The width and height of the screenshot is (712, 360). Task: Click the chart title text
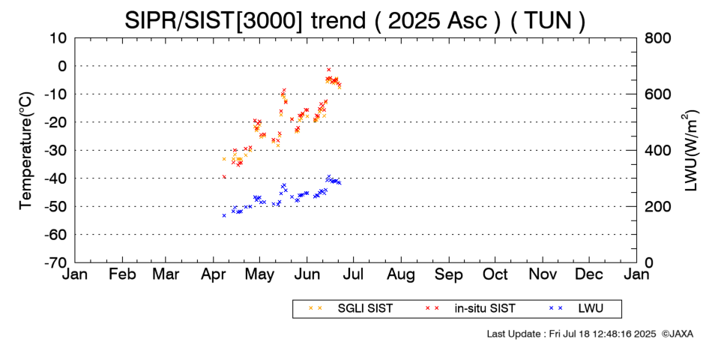point(355,20)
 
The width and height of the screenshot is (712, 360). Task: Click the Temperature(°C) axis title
point(27,151)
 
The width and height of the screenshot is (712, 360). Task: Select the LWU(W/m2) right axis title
point(690,151)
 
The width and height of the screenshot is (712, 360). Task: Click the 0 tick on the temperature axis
point(61,66)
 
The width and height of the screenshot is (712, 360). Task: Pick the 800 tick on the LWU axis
point(658,38)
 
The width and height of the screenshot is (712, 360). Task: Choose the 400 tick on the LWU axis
point(658,151)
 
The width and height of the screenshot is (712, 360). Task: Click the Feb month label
point(122,274)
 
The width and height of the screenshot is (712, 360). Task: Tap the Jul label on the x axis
point(355,274)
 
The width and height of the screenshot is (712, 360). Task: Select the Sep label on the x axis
point(449,274)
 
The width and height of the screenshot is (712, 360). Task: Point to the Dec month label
point(589,274)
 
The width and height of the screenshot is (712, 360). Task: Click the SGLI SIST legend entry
point(351,309)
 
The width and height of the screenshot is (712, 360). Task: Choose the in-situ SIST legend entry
point(471,309)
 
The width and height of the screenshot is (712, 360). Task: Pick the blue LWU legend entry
point(576,309)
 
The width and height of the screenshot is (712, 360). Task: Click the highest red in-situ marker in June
point(328,70)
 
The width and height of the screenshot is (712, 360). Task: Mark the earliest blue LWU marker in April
point(224,215)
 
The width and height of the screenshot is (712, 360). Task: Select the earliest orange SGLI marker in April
point(224,159)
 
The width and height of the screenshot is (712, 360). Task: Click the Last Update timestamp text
point(571,334)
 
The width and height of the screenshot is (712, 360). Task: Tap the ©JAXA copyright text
point(677,334)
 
